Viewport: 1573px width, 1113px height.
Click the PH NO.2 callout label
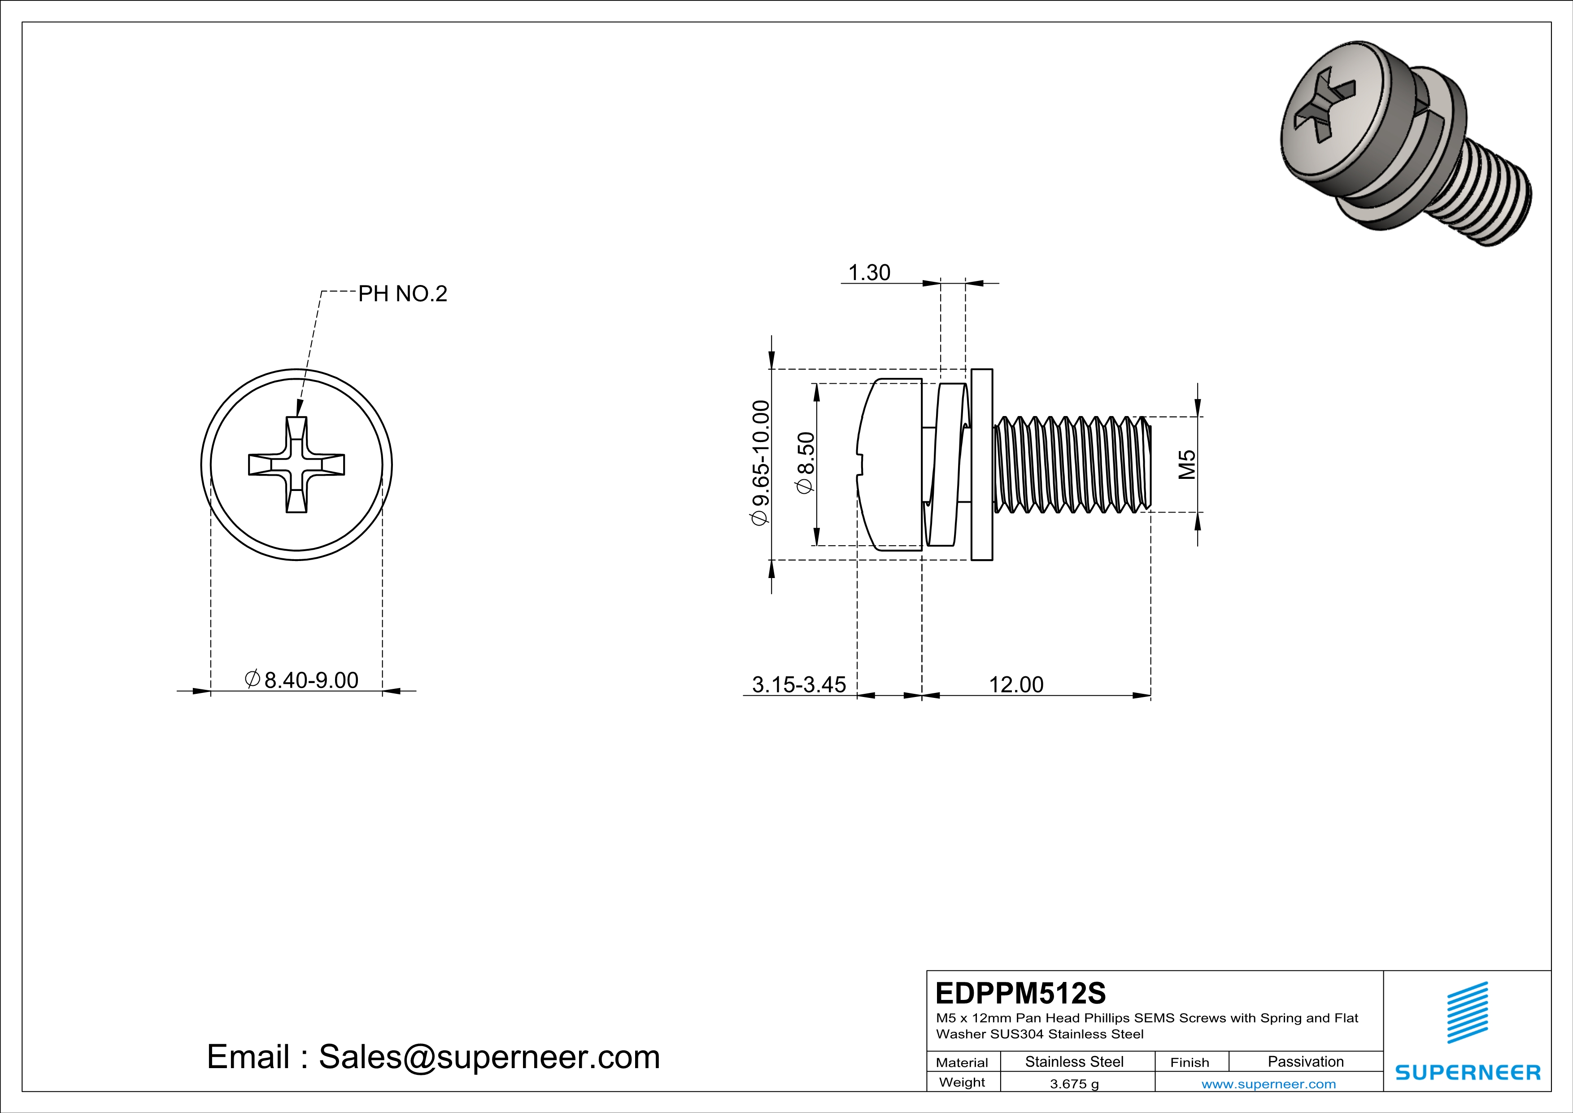pos(402,294)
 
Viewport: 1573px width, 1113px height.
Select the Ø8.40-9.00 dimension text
pos(302,680)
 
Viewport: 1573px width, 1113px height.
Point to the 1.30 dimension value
pos(869,273)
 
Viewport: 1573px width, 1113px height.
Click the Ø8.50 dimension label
pos(806,463)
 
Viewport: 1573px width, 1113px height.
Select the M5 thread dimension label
pos(1187,464)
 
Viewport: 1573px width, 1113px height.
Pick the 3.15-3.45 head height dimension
pos(799,685)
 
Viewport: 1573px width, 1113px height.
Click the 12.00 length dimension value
pos(1016,685)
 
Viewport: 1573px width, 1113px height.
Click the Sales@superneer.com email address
pos(489,1057)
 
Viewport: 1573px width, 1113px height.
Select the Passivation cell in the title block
pos(1305,1061)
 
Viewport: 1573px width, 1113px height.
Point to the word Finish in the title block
pos(1190,1062)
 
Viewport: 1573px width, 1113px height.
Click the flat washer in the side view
pos(982,464)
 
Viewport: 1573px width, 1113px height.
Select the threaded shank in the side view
pos(1072,464)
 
